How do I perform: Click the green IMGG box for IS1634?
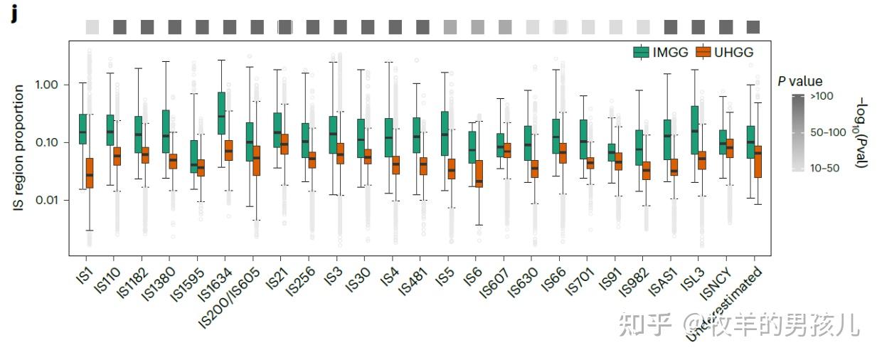(222, 112)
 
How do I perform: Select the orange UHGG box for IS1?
(90, 173)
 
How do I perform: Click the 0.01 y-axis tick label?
(44, 200)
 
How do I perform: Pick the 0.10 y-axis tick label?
(44, 142)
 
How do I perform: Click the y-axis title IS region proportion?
(19, 147)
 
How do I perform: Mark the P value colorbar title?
(799, 81)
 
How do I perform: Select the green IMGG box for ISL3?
(694, 129)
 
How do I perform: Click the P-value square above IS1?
(92, 27)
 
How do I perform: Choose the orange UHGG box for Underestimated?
(758, 162)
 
